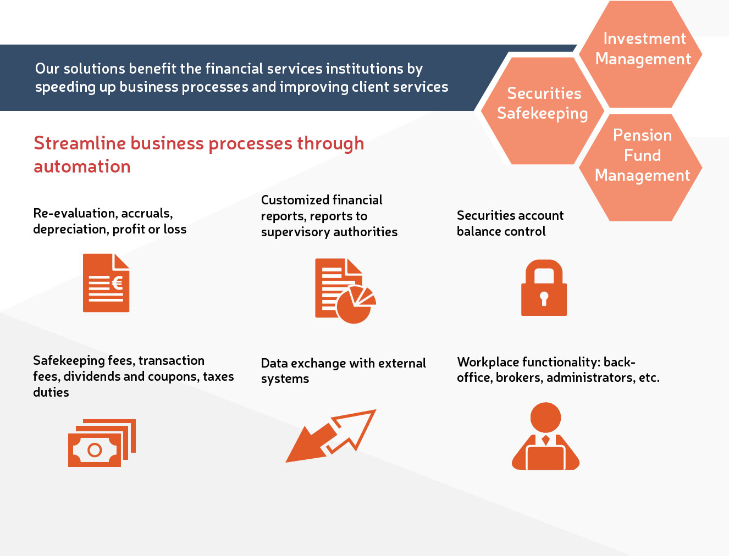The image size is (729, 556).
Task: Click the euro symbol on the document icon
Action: click(x=117, y=283)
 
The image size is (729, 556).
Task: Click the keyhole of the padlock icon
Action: click(x=544, y=298)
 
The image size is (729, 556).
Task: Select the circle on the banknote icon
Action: click(x=95, y=450)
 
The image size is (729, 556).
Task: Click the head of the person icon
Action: click(x=546, y=418)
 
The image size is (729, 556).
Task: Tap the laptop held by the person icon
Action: click(x=545, y=458)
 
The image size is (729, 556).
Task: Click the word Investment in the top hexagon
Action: click(x=645, y=38)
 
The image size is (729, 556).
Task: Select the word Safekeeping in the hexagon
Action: click(x=543, y=114)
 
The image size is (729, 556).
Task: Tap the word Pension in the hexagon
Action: click(x=642, y=135)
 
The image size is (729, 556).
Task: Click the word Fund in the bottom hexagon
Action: click(x=642, y=155)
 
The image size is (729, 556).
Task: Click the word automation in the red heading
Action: click(x=82, y=166)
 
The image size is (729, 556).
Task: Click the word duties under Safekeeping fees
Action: click(x=51, y=392)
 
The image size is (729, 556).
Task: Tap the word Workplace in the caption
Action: click(x=487, y=362)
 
